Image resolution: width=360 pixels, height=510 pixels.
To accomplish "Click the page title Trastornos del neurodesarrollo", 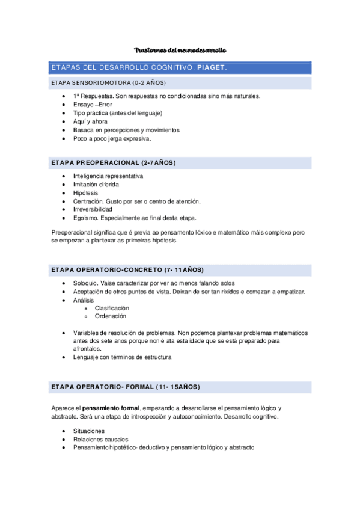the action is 180,50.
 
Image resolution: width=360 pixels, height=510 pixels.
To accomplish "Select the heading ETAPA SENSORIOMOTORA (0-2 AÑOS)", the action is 109,82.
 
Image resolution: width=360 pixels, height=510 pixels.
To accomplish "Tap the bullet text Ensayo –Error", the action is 93,104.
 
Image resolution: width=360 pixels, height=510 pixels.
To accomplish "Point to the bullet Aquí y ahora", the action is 90,121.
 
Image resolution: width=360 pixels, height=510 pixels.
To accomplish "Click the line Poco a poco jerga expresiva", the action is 112,138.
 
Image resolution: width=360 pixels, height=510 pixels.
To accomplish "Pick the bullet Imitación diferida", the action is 96,184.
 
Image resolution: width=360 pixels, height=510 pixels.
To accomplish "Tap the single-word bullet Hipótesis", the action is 85,192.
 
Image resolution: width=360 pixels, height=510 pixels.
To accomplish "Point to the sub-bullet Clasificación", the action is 112,308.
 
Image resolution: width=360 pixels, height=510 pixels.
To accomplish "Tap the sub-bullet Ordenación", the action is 111,316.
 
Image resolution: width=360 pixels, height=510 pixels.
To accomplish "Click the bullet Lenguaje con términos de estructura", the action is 122,357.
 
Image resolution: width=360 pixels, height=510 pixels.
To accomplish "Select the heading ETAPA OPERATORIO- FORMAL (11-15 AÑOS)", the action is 126,386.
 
